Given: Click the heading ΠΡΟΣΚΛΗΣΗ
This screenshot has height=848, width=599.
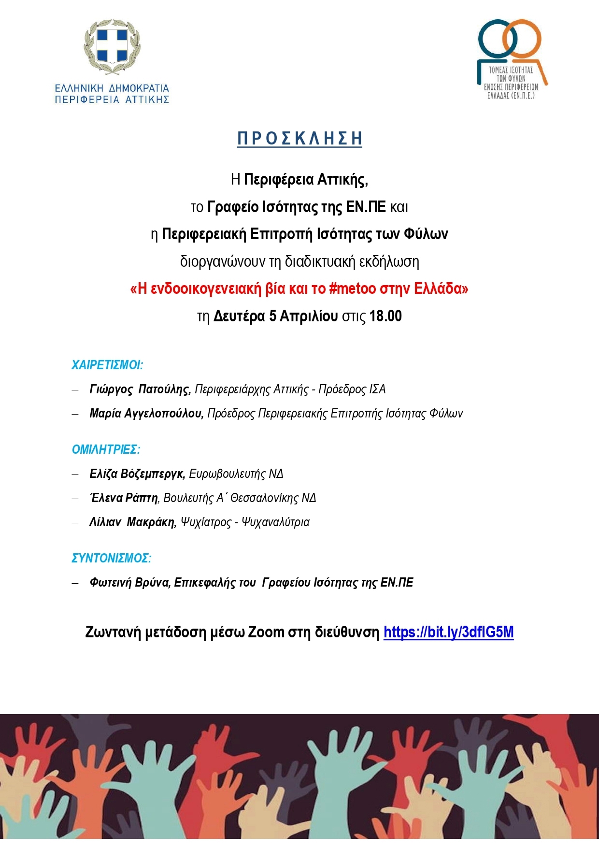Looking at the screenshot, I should (x=299, y=139).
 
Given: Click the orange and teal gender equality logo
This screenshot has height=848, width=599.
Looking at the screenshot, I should (x=511, y=58).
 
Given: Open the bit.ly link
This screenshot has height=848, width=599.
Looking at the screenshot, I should (x=448, y=632).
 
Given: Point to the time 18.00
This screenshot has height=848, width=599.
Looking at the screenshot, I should (x=385, y=316).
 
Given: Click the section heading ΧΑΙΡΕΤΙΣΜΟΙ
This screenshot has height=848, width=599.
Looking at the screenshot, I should (x=107, y=365).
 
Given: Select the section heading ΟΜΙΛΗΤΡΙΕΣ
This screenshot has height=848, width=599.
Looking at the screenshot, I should (x=106, y=449).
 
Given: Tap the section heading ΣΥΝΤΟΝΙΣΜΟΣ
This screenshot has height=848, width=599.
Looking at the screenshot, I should (x=111, y=558).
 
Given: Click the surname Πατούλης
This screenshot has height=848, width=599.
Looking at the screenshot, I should (x=164, y=389).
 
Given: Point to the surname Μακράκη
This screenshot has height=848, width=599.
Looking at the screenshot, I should (x=152, y=522).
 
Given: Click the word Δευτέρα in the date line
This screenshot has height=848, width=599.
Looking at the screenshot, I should (x=239, y=316).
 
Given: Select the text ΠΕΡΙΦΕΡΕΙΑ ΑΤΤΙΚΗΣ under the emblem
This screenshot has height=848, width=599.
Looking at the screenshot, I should (x=112, y=100).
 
